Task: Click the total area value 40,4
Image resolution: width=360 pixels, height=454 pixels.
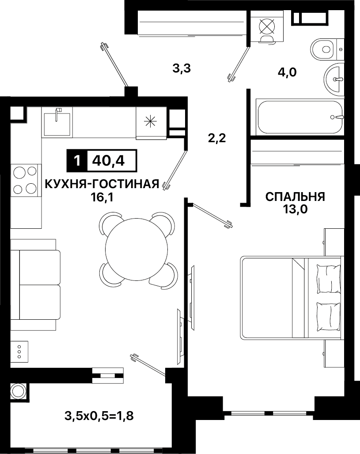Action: (108, 161)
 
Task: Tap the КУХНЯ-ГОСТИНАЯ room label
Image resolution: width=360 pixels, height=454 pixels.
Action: (102, 184)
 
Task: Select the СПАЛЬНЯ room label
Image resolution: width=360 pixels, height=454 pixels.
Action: (295, 197)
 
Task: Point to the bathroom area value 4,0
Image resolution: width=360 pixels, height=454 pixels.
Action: (287, 72)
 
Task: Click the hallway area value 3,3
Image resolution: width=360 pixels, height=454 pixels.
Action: (182, 69)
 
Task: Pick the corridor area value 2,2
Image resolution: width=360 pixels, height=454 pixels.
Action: (217, 138)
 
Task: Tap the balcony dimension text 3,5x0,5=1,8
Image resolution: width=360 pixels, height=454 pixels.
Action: (99, 416)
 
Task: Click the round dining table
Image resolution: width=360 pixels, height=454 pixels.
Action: (136, 249)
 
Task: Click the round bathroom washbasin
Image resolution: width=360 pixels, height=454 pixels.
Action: (333, 79)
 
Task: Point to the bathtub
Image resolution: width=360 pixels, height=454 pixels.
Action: (299, 117)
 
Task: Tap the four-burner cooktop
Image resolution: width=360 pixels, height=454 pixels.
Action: (25, 180)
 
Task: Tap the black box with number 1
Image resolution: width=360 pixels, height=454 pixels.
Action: (77, 161)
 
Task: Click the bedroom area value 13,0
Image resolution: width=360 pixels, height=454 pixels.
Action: (295, 209)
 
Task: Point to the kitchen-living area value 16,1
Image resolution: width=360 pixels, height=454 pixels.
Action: (102, 197)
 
